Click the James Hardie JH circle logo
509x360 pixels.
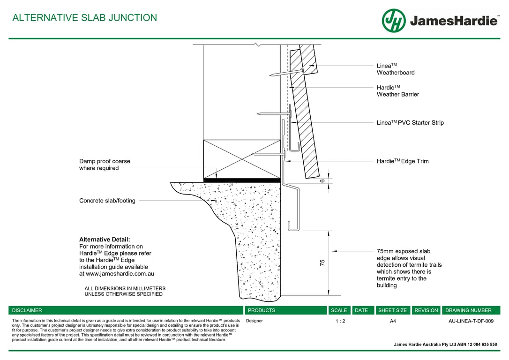pos(394,21)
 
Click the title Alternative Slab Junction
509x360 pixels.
pos(84,18)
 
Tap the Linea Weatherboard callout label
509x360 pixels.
pos(396,69)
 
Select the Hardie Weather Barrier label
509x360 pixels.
pos(397,91)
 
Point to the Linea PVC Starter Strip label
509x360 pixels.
pos(410,123)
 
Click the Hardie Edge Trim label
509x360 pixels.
pos(403,161)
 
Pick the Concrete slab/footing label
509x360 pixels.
pos(107,201)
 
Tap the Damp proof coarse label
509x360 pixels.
pos(105,165)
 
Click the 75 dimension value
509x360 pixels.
pos(322,263)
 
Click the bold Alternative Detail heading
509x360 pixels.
pos(105,240)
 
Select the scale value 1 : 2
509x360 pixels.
pos(340,321)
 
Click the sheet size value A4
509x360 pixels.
pos(393,321)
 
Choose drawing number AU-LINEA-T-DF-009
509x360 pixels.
pos(471,321)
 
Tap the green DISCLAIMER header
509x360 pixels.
pos(27,310)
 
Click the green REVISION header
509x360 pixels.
pos(427,310)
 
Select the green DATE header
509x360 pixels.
pos(361,310)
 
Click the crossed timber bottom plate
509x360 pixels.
pos(242,159)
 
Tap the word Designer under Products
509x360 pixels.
pos(254,321)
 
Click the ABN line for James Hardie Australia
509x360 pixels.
pos(445,345)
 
